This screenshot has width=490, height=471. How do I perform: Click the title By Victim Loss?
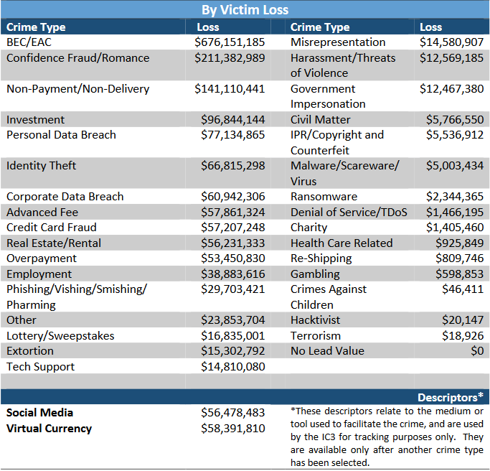pyautogui.click(x=245, y=9)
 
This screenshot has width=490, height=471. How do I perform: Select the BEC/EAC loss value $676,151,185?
pyautogui.click(x=230, y=42)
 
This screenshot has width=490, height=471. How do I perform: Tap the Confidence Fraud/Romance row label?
pyautogui.click(x=68, y=57)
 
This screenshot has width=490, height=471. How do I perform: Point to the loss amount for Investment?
pyautogui.click(x=233, y=119)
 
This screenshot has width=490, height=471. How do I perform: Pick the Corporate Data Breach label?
pyautogui.click(x=65, y=197)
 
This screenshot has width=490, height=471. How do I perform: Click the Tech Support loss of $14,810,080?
pyautogui.click(x=233, y=367)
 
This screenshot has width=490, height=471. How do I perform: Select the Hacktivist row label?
pyautogui.click(x=316, y=320)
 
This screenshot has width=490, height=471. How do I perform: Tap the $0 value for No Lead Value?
pyautogui.click(x=477, y=351)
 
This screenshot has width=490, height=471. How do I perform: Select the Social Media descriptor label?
pyautogui.click(x=40, y=413)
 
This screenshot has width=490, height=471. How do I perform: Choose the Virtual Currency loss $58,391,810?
pyautogui.click(x=233, y=429)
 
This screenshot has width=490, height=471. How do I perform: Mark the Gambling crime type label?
pyautogui.click(x=316, y=274)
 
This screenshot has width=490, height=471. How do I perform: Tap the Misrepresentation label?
pyautogui.click(x=338, y=42)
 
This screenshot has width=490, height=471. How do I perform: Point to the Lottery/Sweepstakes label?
pyautogui.click(x=60, y=336)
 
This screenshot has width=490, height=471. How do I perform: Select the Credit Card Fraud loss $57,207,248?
pyautogui.click(x=233, y=228)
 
